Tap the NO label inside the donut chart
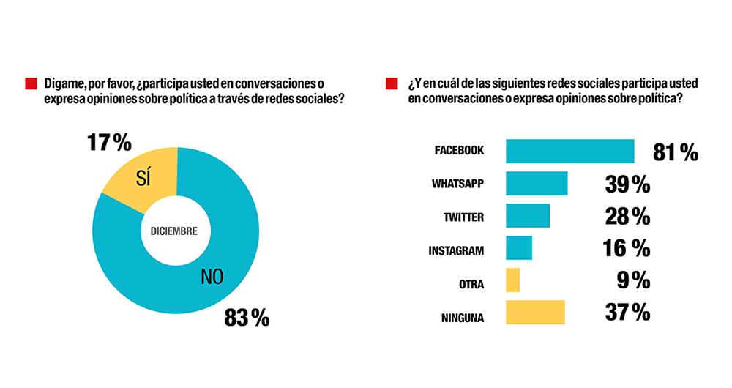[x=212, y=276]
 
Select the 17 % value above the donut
[x=109, y=142]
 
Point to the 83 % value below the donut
[x=247, y=318]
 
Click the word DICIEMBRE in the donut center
[x=173, y=231]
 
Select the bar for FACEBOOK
[x=569, y=151]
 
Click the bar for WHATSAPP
[x=537, y=183]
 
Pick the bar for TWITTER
[x=528, y=216]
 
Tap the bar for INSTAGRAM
[x=519, y=248]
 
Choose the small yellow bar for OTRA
[x=512, y=280]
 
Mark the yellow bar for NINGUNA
[x=535, y=313]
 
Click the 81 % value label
[x=675, y=152]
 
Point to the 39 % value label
[x=627, y=184]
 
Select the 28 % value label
[x=627, y=217]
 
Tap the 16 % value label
[x=627, y=249]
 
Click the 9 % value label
[x=633, y=281]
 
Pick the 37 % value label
[x=627, y=313]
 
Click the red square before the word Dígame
[x=31, y=83]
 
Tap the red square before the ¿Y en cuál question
[x=392, y=83]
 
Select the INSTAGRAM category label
[x=456, y=250]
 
